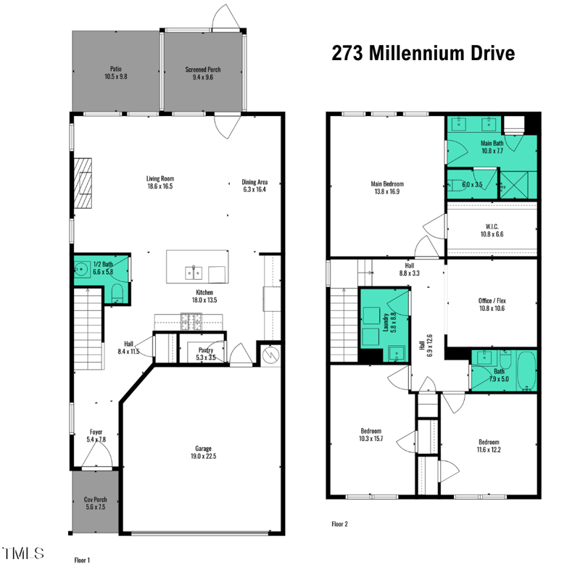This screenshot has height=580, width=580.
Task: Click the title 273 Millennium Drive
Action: pyautogui.click(x=423, y=53)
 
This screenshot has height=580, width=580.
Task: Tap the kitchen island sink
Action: pyautogui.click(x=192, y=273)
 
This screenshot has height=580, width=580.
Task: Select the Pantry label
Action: pyautogui.click(x=206, y=350)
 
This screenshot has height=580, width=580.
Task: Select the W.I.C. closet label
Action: pyautogui.click(x=492, y=225)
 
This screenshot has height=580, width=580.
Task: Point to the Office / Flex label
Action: pyautogui.click(x=492, y=300)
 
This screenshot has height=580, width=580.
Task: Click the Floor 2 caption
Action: pyautogui.click(x=340, y=523)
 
